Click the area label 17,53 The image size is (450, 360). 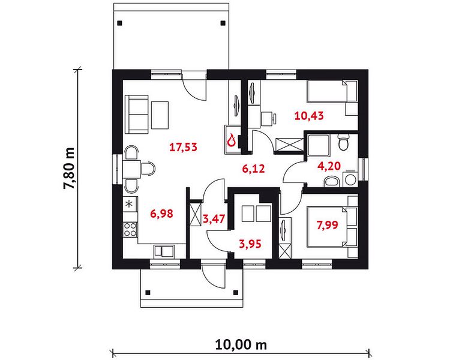point(184,147)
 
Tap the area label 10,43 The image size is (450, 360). point(309,116)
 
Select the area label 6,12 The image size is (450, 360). point(253,169)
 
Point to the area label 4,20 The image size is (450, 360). point(329,166)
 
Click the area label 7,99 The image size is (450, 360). point(328,225)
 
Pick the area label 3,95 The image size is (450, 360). point(250,244)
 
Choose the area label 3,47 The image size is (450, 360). point(214,219)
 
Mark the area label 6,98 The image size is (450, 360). point(162,214)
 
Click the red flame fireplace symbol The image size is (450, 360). point(232,140)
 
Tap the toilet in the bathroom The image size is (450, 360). point(343,142)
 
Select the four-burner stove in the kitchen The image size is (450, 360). point(130,229)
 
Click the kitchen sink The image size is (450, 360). point(164,250)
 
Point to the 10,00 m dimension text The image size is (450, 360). point(241,344)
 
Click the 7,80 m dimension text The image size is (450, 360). point(69,169)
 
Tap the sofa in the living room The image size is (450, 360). point(137,115)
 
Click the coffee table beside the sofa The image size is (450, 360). point(160,115)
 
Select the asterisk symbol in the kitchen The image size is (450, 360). point(130,204)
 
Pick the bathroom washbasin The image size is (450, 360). point(331,182)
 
